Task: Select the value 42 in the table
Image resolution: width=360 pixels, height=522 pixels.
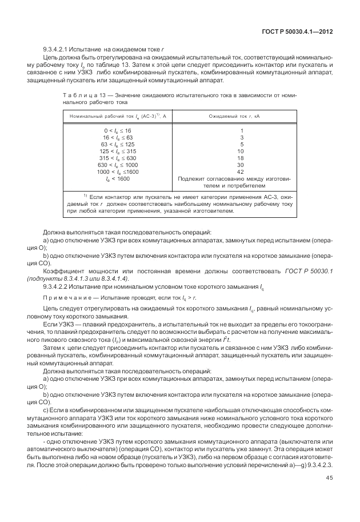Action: (x=242, y=172)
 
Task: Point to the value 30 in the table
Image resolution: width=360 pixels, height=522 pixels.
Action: (x=242, y=165)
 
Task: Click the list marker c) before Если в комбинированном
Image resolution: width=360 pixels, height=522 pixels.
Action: (x=46, y=410)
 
